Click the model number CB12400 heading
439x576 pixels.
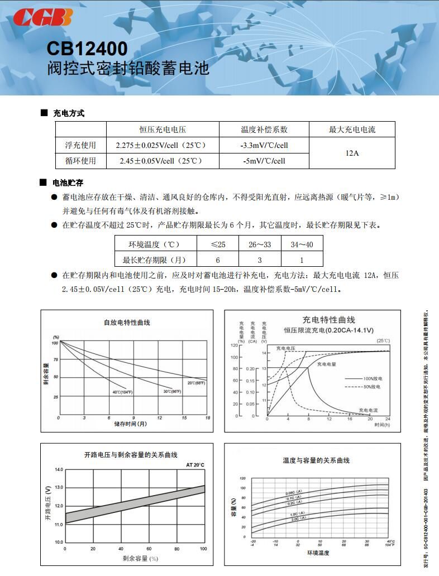point(87,49)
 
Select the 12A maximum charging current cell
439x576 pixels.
point(352,153)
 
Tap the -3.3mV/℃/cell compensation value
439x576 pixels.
point(264,145)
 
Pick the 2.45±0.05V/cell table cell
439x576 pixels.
point(161,161)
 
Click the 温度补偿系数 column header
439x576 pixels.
point(264,129)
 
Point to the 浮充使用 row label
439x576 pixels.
point(80,145)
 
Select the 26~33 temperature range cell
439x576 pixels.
point(260,244)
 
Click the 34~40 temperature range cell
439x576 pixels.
point(302,244)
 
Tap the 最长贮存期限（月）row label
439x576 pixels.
point(154,260)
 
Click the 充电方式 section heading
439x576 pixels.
point(69,113)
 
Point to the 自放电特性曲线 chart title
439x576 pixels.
point(127,322)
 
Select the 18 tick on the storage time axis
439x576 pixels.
point(207,417)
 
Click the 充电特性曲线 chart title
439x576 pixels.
point(328,320)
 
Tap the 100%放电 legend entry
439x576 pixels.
point(372,378)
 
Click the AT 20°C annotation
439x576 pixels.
point(195,464)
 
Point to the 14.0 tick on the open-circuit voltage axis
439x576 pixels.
point(59,470)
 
